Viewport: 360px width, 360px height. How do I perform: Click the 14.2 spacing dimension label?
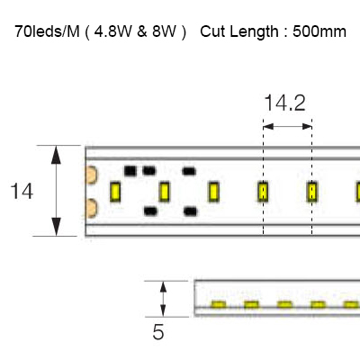[284, 103]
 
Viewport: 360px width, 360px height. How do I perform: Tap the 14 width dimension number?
[22, 192]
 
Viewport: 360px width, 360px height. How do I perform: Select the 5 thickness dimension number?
[158, 332]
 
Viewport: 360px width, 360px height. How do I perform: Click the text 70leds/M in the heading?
[47, 31]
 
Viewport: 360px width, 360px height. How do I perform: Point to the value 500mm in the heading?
[319, 31]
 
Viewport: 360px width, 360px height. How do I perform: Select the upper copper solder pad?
[91, 175]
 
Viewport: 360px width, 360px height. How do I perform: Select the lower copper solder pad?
[91, 208]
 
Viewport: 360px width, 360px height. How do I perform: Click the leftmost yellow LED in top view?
[115, 192]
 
